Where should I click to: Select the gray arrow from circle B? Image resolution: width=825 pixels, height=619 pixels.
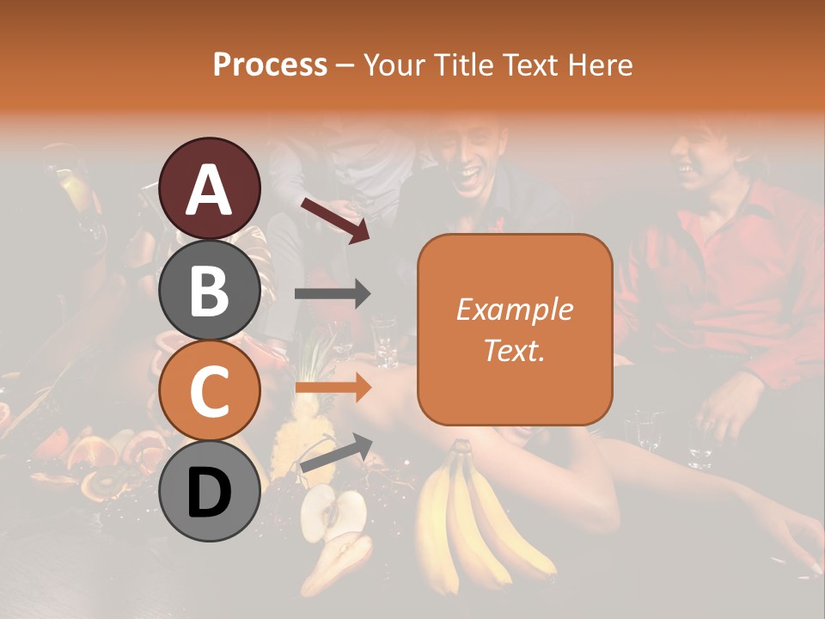coord(333,294)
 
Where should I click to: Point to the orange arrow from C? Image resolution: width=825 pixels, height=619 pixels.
coord(333,389)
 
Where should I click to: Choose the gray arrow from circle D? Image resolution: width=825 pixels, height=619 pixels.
coord(335,453)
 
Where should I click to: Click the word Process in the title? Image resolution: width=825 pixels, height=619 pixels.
coord(270,64)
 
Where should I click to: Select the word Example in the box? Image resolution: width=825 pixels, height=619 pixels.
coord(514,309)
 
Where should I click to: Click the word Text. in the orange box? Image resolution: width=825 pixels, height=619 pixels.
coord(514,350)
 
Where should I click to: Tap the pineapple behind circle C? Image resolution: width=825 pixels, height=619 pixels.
coord(290,438)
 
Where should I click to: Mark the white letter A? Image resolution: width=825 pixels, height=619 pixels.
coord(209,189)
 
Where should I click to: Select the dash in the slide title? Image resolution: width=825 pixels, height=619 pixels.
coord(345,65)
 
